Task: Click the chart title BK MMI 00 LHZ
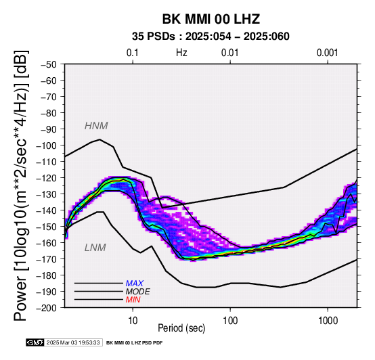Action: click(211, 19)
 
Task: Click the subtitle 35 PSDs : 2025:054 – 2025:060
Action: click(211, 37)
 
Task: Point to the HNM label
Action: click(96, 126)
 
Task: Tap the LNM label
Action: click(95, 248)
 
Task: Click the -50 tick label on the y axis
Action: click(49, 64)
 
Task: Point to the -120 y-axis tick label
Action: click(47, 178)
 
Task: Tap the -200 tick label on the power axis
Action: click(47, 308)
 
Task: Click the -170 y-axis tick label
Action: click(47, 259)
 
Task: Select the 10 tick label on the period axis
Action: click(133, 321)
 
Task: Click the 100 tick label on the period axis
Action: click(230, 321)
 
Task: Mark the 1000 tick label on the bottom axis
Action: click(328, 321)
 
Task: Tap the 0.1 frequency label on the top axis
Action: click(133, 53)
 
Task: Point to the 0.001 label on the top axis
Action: click(328, 53)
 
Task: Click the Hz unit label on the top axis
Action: click(181, 53)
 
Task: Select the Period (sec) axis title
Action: click(181, 328)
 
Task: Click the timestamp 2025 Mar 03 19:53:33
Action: click(73, 343)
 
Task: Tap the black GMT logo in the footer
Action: click(35, 342)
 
